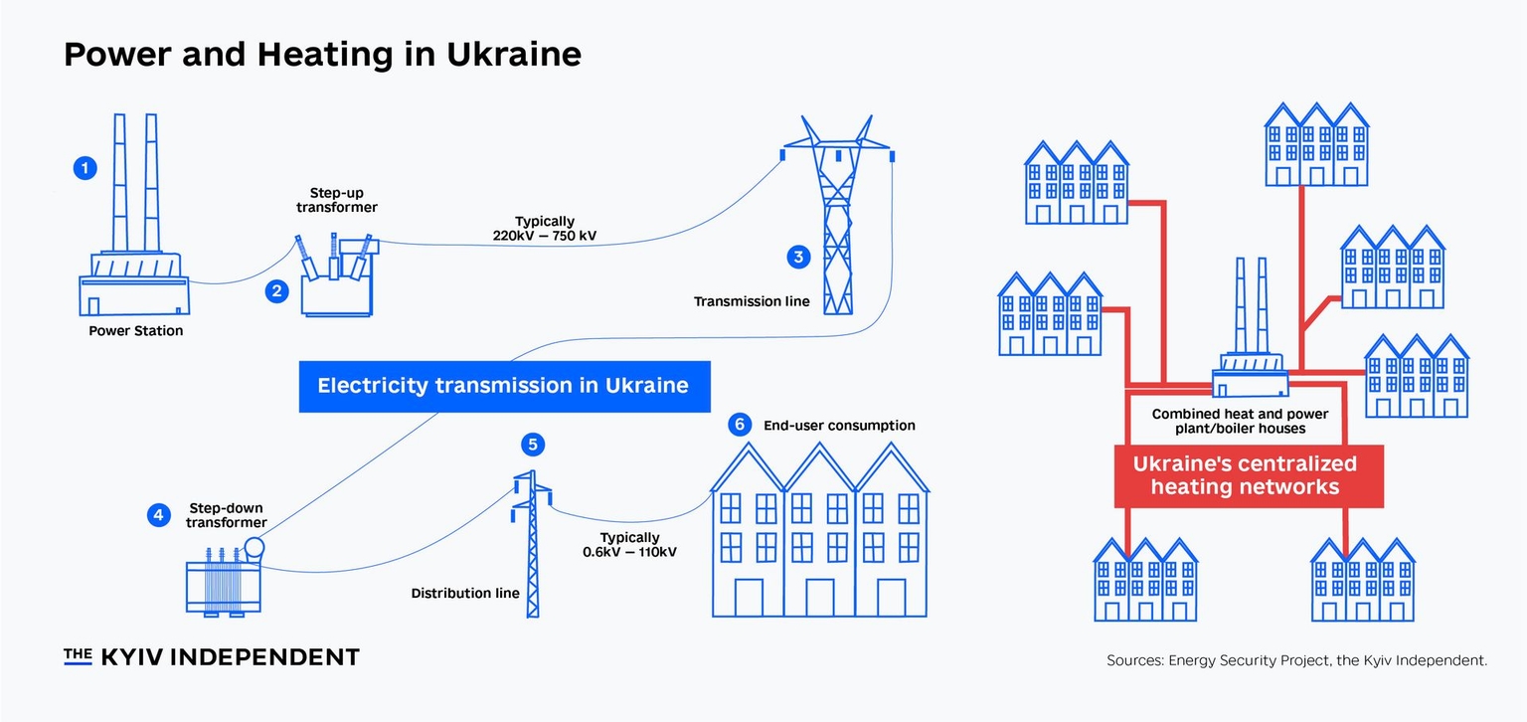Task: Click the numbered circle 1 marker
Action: point(86,168)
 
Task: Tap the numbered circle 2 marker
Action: point(276,291)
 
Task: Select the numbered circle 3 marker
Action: point(798,258)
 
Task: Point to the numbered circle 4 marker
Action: point(158,514)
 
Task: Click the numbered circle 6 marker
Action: point(739,425)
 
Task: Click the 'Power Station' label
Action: point(136,330)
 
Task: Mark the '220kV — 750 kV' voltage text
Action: point(544,236)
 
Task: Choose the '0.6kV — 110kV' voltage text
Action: point(629,551)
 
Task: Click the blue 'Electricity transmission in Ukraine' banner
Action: point(504,386)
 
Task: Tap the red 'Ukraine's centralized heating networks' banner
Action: point(1245,475)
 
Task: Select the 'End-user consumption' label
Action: point(839,426)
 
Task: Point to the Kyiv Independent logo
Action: point(212,656)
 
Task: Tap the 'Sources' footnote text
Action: point(1296,659)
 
